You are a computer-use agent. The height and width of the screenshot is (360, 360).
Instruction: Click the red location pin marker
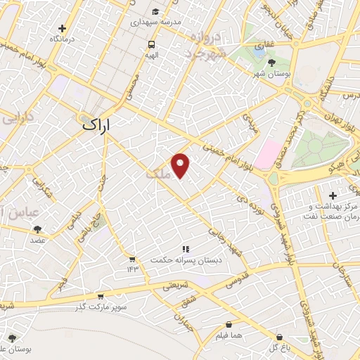coord(181,165)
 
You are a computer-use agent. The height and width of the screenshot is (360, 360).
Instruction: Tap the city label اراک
coord(98,124)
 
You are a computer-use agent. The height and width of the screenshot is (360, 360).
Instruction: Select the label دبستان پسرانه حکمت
coord(185,260)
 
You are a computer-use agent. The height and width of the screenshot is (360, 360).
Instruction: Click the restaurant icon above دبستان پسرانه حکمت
coord(186,249)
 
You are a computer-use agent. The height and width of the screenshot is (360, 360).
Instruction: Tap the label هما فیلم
coord(250,336)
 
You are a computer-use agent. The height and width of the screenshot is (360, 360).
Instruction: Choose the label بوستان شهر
coord(271,73)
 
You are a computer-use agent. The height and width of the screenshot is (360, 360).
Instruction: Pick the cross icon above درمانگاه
coord(63,29)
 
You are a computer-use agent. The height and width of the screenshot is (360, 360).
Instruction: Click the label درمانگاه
coord(63,39)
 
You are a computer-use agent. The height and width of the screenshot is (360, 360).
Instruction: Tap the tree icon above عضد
coord(37,229)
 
